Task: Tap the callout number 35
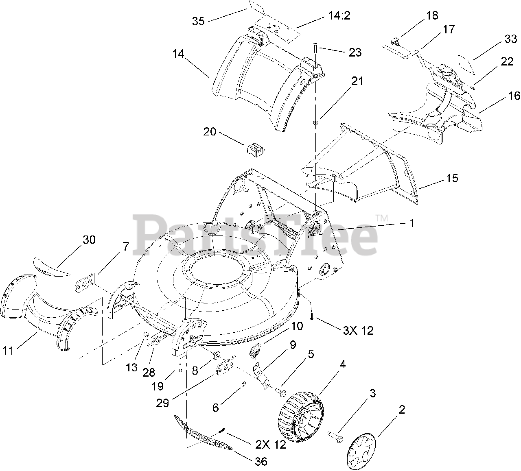[x=198, y=21]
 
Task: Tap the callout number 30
[x=89, y=240]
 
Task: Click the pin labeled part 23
[x=315, y=51]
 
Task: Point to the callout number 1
[x=412, y=223]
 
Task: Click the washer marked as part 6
[x=243, y=384]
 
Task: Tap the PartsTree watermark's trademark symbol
[x=381, y=218]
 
